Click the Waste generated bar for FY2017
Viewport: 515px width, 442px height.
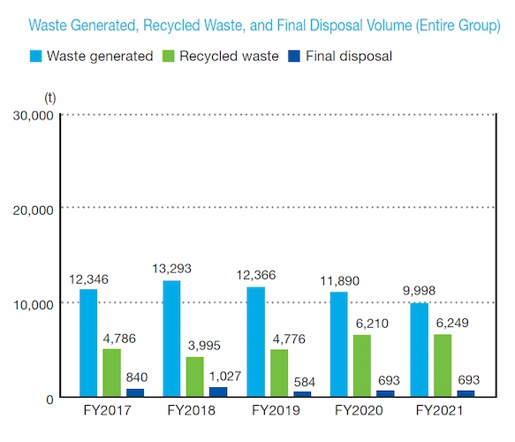88,343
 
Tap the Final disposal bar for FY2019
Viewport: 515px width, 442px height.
302,393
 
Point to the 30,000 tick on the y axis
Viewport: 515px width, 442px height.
33,115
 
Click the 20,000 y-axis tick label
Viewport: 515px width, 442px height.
33,210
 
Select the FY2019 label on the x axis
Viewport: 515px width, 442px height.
278,410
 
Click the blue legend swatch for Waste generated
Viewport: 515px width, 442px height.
35,57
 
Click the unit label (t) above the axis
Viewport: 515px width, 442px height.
49,95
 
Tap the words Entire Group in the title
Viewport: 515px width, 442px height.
458,26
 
